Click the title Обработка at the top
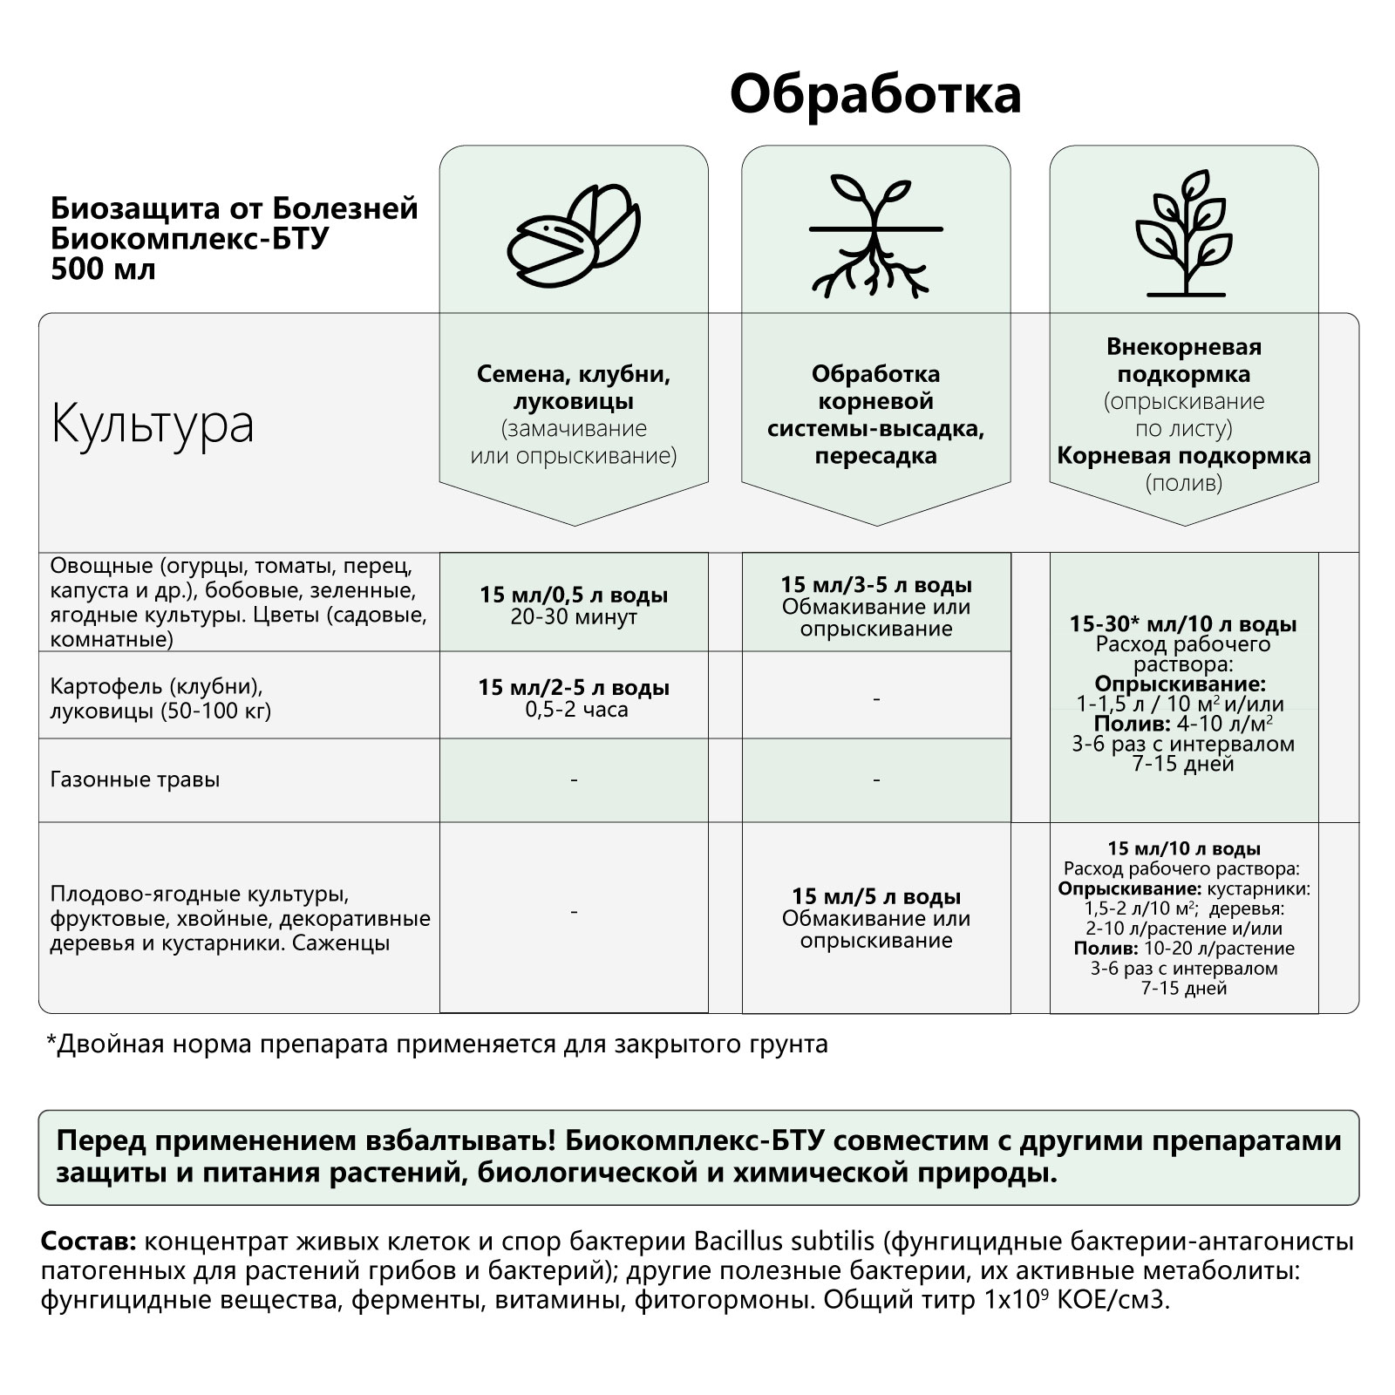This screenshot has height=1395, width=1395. pos(874,95)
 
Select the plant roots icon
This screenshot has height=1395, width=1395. pos(875,234)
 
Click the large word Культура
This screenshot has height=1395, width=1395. pos(153,425)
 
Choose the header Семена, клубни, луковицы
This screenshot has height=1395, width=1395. pos(573,388)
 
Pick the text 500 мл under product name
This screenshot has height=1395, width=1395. pos(103,269)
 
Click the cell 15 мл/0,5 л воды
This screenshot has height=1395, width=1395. pos(574,595)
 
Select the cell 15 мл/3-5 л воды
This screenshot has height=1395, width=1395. pos(875,585)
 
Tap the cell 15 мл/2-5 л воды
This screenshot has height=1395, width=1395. pos(574,688)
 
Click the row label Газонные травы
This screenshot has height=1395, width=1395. pos(135,779)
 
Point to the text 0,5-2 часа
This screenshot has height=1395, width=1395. pos(575,710)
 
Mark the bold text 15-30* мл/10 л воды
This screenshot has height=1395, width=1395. pos(1183,624)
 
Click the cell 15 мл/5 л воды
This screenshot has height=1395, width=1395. pos(875,896)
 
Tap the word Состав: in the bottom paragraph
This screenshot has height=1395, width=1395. pos(88,1242)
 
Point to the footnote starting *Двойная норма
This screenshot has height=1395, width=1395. pos(436,1044)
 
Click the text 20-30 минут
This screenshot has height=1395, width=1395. pos(574,617)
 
